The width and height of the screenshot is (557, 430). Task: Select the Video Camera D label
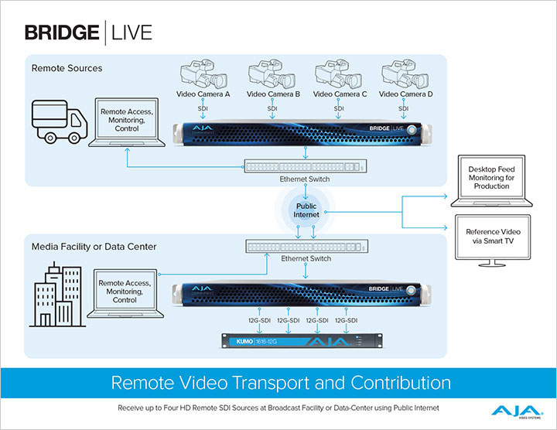[x=405, y=94]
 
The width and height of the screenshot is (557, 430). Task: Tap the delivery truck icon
[x=57, y=121]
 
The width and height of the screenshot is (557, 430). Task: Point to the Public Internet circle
[x=307, y=211]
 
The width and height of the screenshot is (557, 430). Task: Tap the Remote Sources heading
[x=67, y=68]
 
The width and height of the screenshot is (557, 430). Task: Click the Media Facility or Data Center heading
[x=94, y=247]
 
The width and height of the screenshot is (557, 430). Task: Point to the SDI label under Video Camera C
[x=339, y=109]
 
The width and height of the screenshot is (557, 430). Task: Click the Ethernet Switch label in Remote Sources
[x=305, y=179]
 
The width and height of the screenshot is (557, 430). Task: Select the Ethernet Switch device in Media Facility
[x=305, y=245]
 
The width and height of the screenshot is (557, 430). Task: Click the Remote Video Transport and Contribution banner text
[x=281, y=382]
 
